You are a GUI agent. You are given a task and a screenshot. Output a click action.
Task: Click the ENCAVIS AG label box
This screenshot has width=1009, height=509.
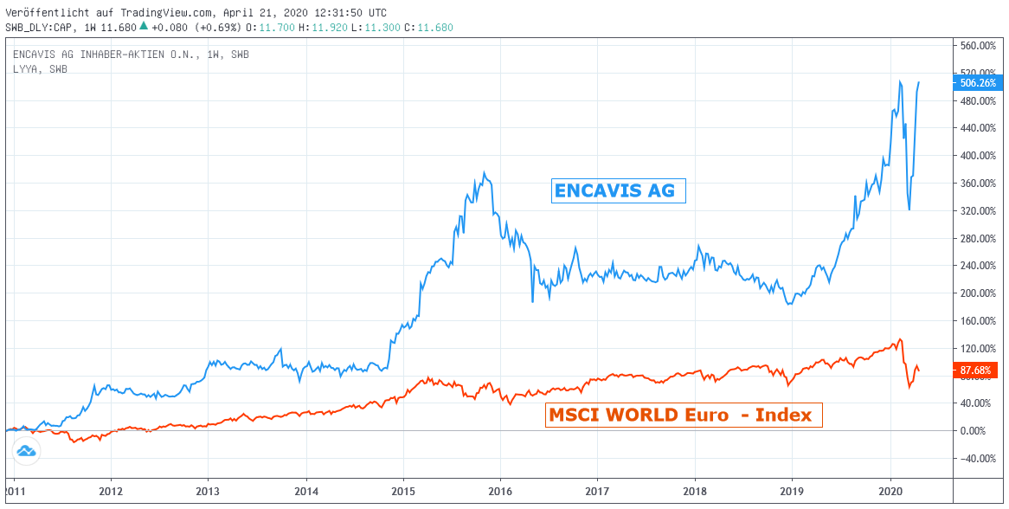point(618,190)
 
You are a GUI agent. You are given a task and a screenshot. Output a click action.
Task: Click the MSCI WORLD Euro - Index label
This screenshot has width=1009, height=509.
point(684,416)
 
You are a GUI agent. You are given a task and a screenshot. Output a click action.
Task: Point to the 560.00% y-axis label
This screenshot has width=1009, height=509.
point(978,45)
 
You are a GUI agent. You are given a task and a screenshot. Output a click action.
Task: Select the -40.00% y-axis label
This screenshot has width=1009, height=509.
point(978,458)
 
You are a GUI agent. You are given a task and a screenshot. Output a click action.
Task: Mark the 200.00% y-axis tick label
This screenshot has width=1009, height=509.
point(978,293)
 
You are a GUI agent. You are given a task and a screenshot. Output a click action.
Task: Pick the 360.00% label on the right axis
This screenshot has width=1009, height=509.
point(978,183)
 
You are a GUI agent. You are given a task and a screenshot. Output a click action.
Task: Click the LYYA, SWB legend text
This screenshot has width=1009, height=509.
point(40,69)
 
